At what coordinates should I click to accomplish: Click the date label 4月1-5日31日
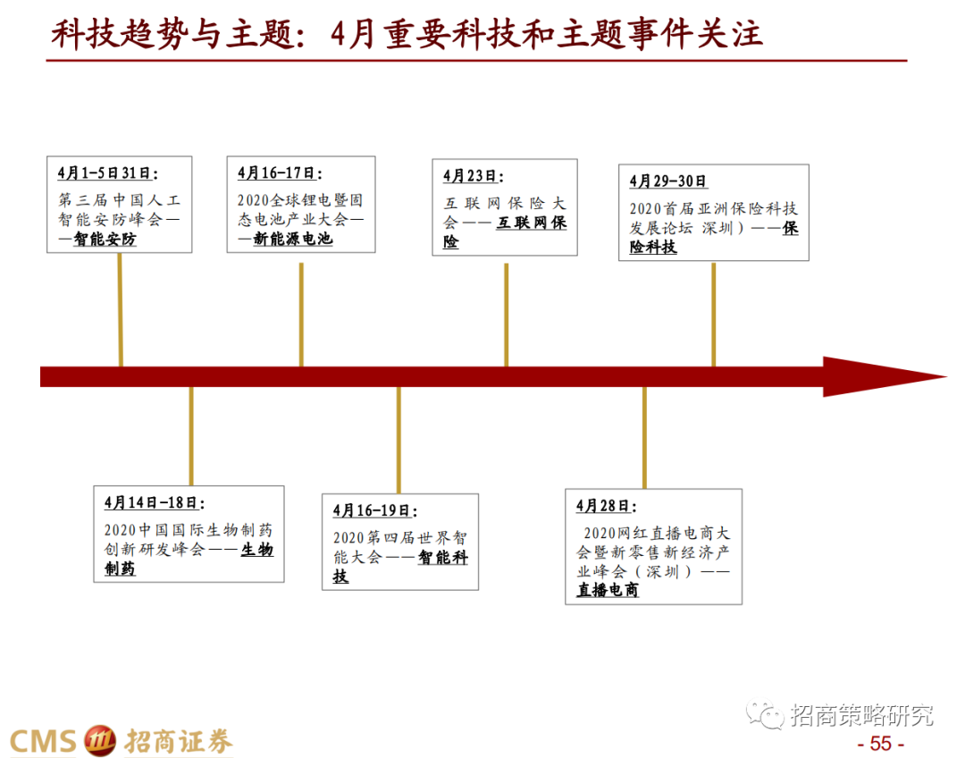(x=106, y=173)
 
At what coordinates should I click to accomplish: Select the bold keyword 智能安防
(x=105, y=240)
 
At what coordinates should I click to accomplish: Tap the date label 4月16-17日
(x=278, y=173)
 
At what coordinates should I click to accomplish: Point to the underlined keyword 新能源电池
(x=293, y=240)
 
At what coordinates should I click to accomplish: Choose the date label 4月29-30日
(x=667, y=181)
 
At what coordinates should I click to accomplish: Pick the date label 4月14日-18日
(x=153, y=502)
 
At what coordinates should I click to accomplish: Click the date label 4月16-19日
(x=373, y=510)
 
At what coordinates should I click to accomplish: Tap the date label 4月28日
(x=602, y=506)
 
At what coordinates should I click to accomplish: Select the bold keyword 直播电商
(x=608, y=590)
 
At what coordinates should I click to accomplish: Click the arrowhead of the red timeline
(x=880, y=376)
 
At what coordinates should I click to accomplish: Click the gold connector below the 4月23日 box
(x=506, y=313)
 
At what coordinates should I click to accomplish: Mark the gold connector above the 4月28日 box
(x=643, y=438)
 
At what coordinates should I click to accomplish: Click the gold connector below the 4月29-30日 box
(x=713, y=313)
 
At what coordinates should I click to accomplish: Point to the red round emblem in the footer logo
(x=99, y=741)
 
